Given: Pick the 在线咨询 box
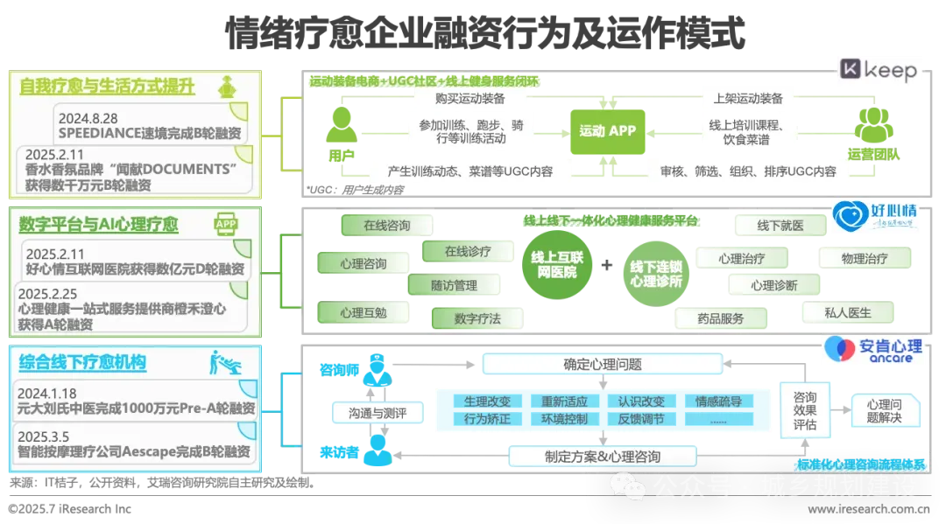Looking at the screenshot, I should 386,225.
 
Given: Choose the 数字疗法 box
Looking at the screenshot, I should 477,319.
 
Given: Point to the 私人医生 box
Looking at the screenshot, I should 848,312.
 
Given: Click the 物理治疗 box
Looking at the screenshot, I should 865,258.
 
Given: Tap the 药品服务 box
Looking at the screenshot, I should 721,319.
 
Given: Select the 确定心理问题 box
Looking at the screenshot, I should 603,364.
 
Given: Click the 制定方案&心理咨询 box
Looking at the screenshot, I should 603,457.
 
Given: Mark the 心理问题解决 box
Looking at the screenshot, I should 884,411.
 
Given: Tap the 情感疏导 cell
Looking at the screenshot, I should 718,402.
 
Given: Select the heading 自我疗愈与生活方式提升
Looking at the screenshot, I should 107,87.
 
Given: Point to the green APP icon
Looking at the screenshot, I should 226,226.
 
